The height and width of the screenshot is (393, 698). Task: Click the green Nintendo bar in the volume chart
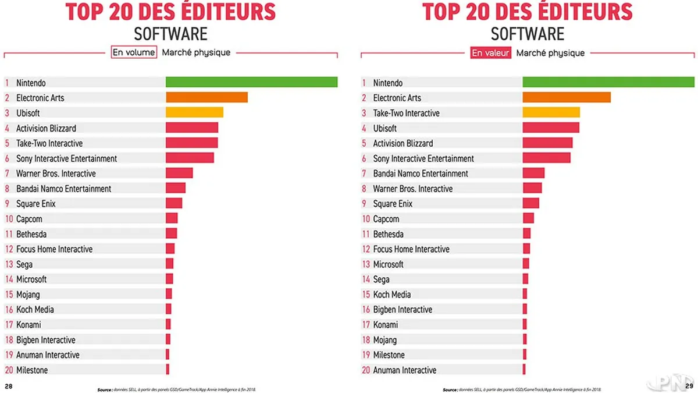(x=251, y=82)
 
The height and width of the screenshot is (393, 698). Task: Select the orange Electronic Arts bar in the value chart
(x=567, y=97)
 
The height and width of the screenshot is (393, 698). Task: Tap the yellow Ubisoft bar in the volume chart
(x=194, y=112)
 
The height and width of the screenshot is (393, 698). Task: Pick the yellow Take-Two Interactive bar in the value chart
(x=551, y=112)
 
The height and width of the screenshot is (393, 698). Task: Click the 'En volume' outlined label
(x=134, y=52)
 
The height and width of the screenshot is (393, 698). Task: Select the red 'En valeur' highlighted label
(x=490, y=53)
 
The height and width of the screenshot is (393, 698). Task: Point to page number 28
(x=9, y=386)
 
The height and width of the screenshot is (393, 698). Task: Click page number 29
(x=689, y=386)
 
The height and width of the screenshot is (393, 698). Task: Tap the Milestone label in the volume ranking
(x=32, y=370)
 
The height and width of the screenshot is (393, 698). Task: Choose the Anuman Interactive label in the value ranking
(x=404, y=370)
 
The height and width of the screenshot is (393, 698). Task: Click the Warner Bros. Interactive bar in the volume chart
(x=179, y=173)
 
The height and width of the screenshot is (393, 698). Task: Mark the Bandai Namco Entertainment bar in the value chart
(x=533, y=173)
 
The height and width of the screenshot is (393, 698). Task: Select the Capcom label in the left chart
(x=29, y=219)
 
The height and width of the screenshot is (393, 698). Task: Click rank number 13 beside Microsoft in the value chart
(x=366, y=264)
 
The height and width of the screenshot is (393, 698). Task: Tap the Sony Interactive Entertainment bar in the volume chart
(x=190, y=158)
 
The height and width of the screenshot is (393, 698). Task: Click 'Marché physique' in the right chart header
(x=550, y=53)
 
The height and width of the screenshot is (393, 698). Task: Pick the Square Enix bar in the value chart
(x=530, y=203)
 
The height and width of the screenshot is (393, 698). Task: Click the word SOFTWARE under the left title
(x=170, y=33)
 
